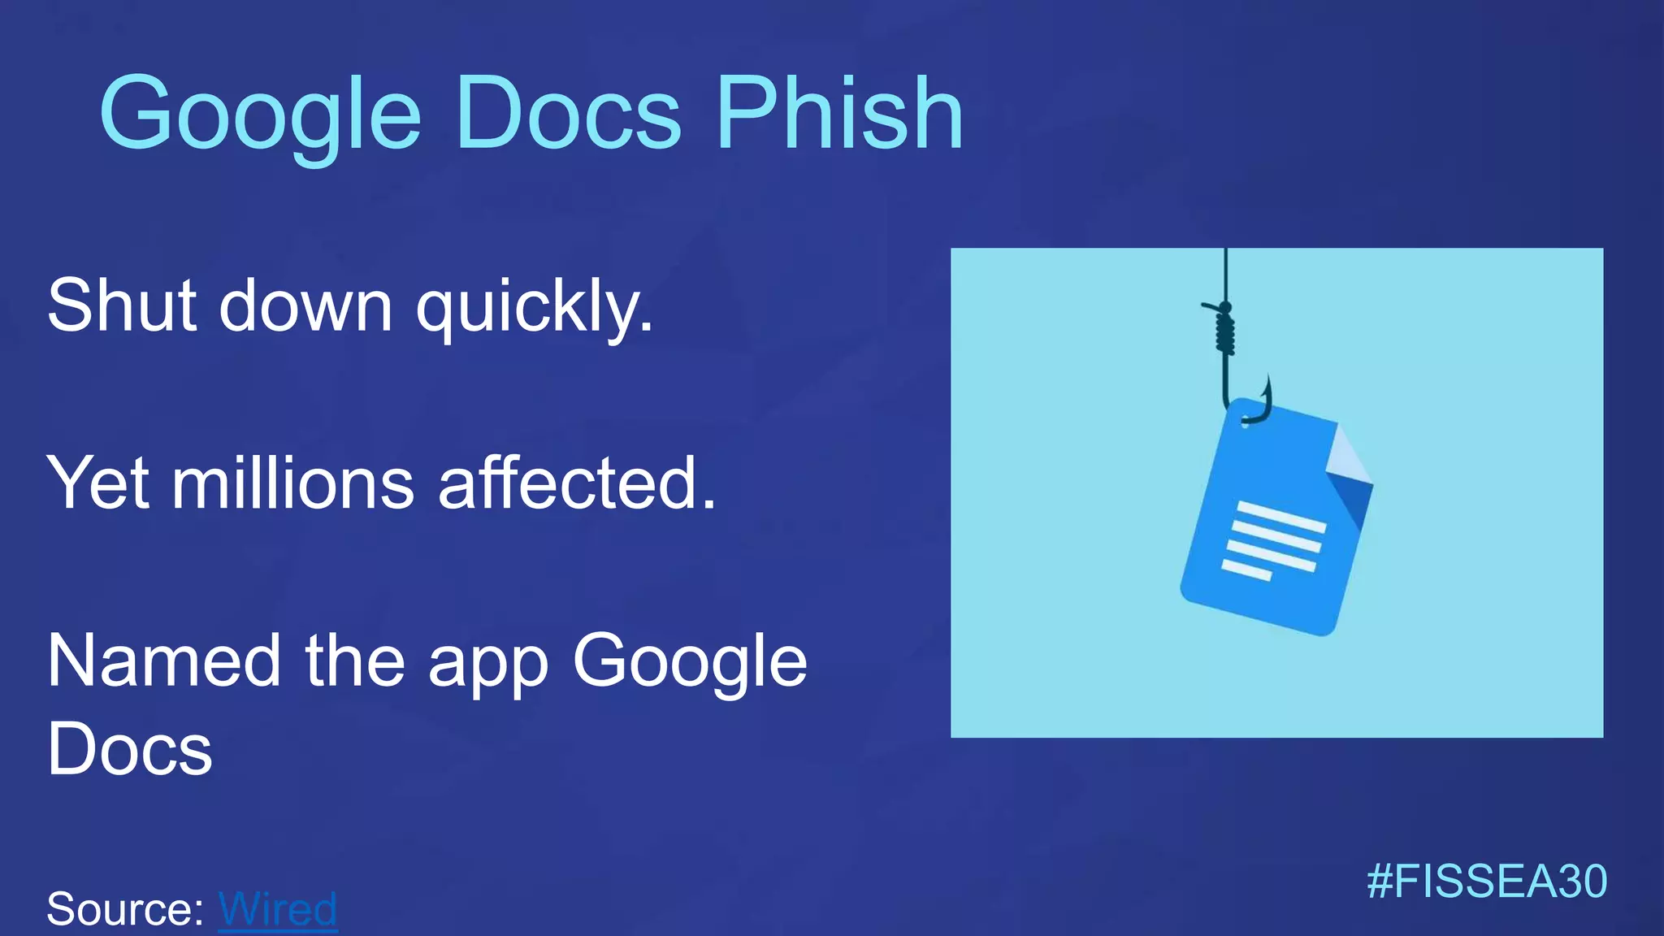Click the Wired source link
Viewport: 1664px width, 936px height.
278,908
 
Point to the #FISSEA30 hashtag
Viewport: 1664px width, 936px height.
1486,882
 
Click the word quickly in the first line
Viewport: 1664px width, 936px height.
534,306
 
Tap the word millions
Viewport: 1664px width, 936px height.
293,483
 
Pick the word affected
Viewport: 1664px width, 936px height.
577,483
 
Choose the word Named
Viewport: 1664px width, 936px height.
163,661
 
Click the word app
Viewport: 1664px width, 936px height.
488,666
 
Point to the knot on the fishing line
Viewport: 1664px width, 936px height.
1225,329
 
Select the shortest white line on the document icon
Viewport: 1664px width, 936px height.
1246,570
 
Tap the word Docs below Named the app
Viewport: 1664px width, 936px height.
130,749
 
